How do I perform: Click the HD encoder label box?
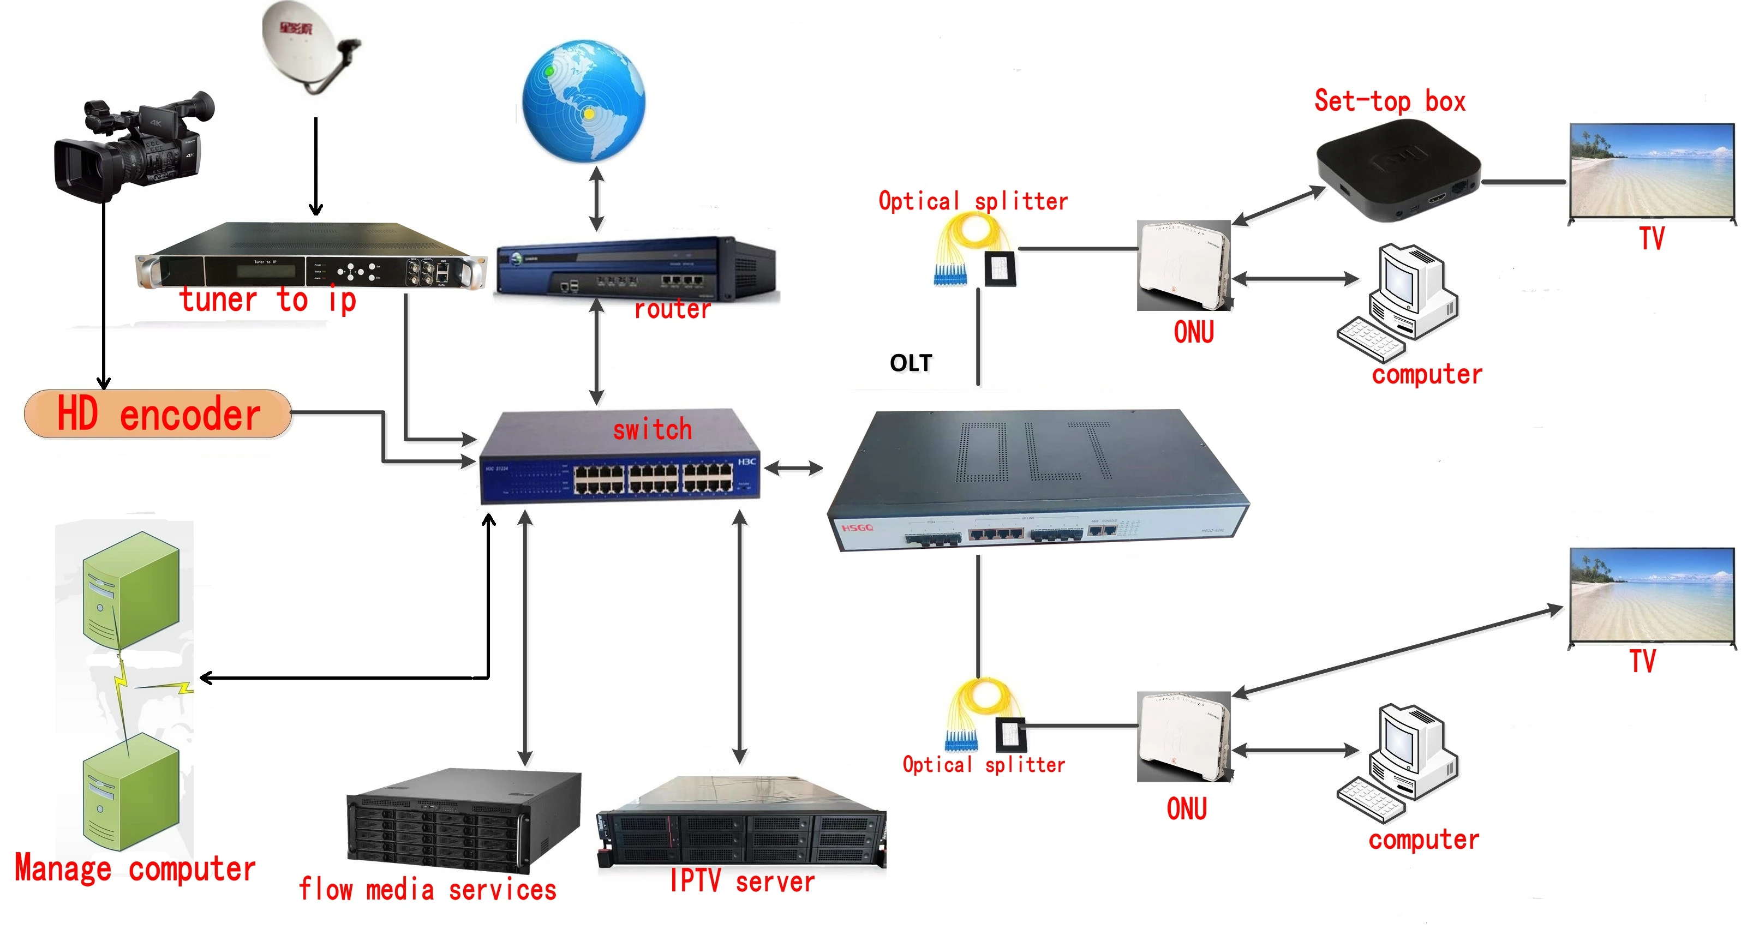click(158, 413)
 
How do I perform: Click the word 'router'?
click(673, 309)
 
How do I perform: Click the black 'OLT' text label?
click(911, 363)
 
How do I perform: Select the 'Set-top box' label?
click(1390, 101)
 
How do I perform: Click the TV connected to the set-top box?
click(1652, 172)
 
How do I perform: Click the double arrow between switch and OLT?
click(793, 467)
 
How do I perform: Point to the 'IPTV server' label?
click(742, 882)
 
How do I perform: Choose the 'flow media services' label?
click(427, 890)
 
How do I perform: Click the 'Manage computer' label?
click(135, 869)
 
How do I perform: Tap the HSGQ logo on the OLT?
click(857, 527)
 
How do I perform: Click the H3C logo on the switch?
click(746, 461)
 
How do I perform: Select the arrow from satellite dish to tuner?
click(315, 165)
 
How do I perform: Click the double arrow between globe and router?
click(596, 199)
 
